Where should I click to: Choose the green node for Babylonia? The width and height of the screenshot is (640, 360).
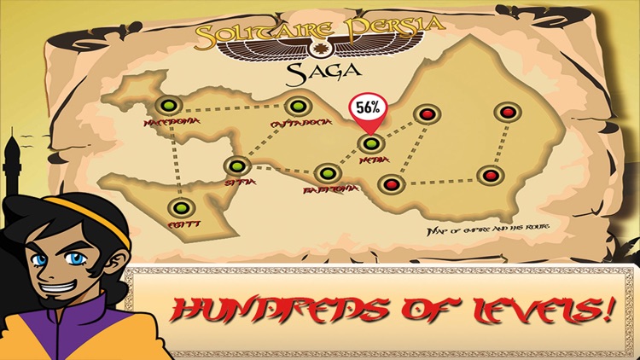tap(326, 174)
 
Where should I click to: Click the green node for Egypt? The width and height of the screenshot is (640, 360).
tap(180, 206)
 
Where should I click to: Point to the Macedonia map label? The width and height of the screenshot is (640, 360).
tap(176, 125)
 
